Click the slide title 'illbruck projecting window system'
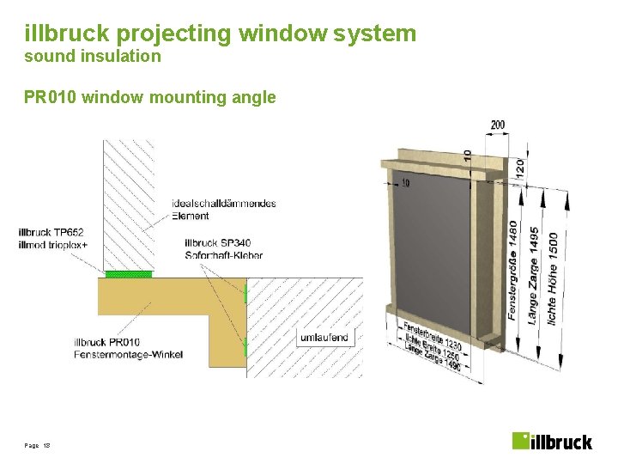[x=221, y=34]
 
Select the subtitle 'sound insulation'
[x=93, y=57]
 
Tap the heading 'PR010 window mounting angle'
[x=150, y=97]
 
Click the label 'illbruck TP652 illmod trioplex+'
[x=52, y=238]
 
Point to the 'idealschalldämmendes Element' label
[x=224, y=209]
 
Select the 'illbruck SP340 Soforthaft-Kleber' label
[x=223, y=248]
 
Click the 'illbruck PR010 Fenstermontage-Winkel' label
[x=128, y=348]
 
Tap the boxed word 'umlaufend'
[x=324, y=338]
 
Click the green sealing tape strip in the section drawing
[x=129, y=274]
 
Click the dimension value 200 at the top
[x=498, y=125]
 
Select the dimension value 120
[x=520, y=167]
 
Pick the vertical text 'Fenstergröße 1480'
[x=512, y=271]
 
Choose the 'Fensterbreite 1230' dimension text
[x=433, y=335]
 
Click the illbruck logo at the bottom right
[x=552, y=441]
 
